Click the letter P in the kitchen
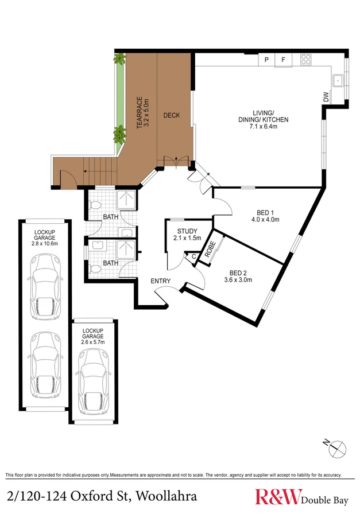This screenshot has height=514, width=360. pyautogui.click(x=266, y=59)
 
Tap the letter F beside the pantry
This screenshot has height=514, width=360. pyautogui.click(x=283, y=59)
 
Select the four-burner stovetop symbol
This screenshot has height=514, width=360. pyautogui.click(x=305, y=59)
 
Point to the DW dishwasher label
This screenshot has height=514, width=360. pyautogui.click(x=326, y=98)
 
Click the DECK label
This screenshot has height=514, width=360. pyautogui.click(x=171, y=115)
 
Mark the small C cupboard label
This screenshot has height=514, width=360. pyautogui.click(x=193, y=256)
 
